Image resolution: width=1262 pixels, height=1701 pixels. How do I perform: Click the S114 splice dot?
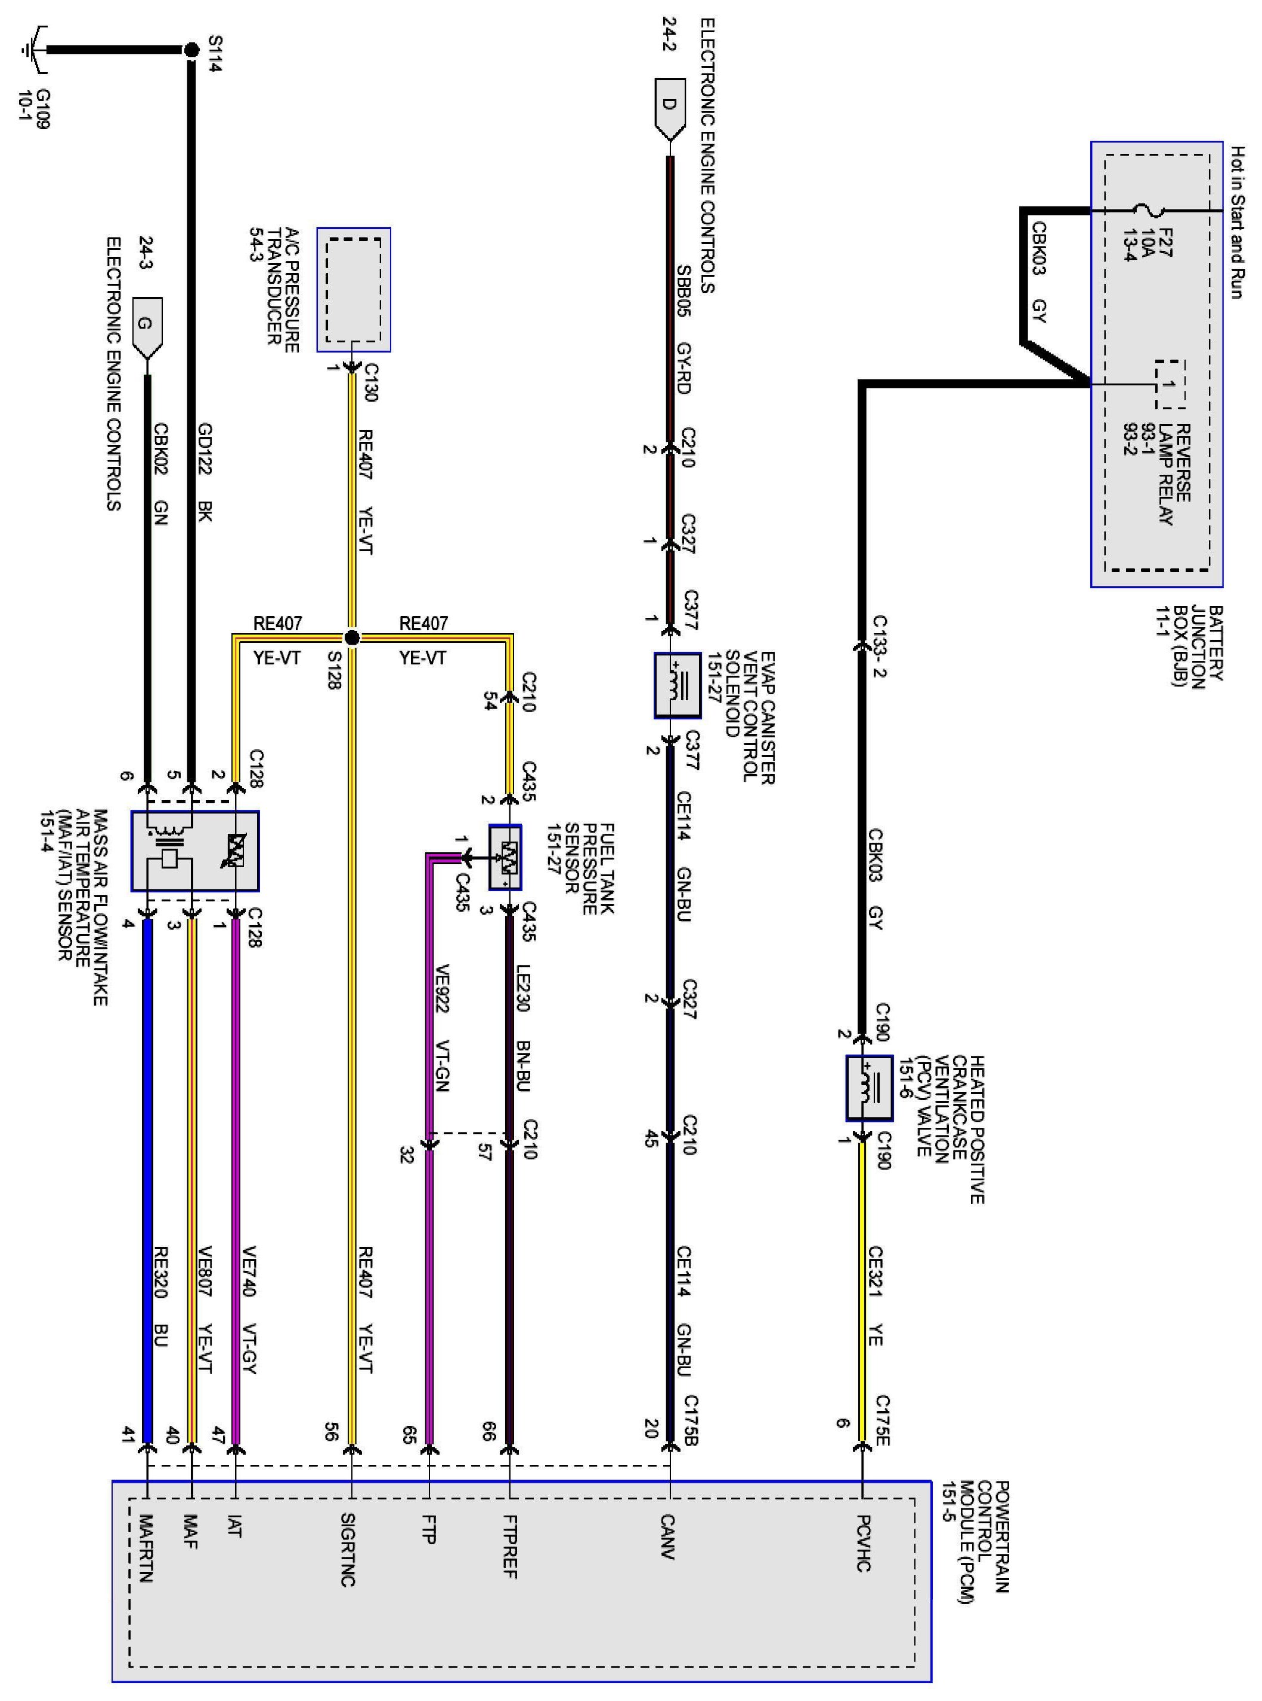191,51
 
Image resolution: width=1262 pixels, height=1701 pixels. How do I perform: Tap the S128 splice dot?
352,637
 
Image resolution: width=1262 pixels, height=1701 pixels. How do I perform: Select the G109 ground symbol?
32,51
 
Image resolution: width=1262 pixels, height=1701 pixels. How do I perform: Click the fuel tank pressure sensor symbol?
506,857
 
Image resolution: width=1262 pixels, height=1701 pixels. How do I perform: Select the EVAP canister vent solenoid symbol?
678,685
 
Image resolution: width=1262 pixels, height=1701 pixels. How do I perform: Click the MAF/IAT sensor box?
195,851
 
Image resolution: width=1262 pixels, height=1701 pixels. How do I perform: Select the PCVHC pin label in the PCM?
862,1543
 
